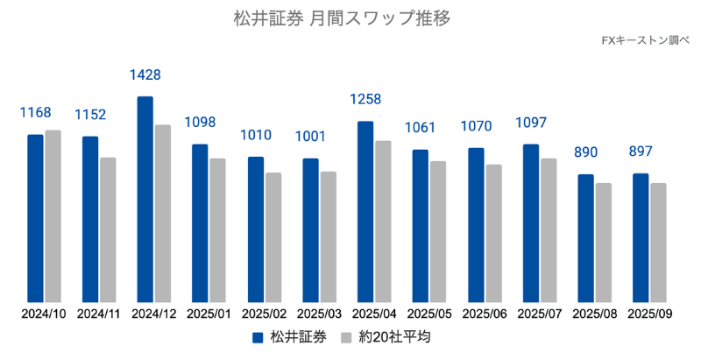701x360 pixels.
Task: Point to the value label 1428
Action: tap(145, 76)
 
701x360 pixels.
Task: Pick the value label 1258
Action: tap(365, 100)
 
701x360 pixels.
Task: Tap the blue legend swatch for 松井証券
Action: tap(258, 337)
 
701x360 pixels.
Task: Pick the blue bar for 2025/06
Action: tap(476, 225)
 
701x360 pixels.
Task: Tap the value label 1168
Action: tap(36, 113)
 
